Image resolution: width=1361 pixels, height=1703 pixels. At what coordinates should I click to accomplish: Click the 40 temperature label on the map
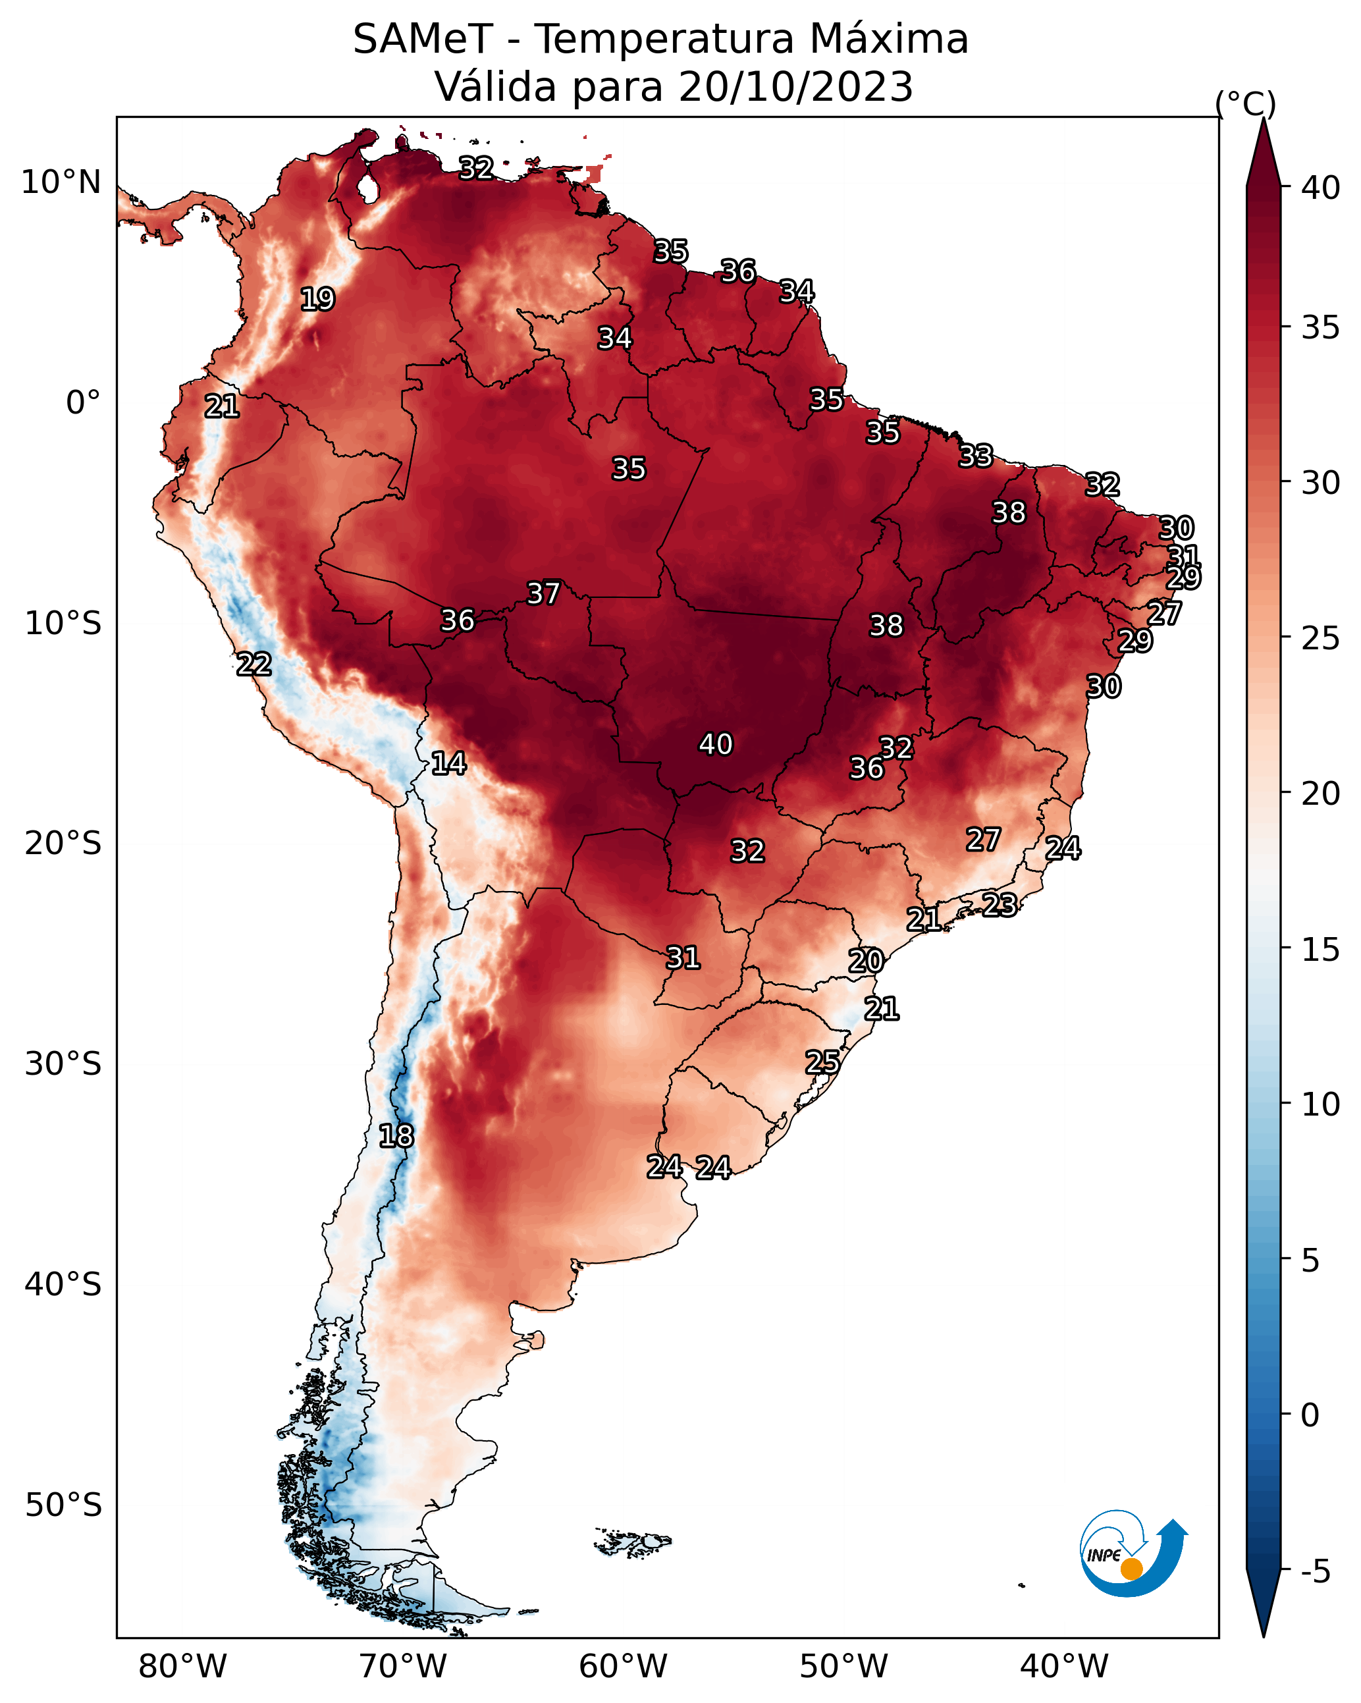[716, 744]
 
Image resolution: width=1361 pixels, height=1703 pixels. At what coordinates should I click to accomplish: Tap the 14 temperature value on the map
[448, 763]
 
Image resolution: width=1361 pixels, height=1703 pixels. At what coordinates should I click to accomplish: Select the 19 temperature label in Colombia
[317, 300]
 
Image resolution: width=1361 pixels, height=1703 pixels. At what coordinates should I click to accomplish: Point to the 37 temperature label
[543, 593]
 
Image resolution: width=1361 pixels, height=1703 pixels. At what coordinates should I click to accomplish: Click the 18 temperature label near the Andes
[396, 1136]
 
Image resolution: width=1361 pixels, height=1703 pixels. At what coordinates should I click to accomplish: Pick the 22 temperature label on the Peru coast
[254, 664]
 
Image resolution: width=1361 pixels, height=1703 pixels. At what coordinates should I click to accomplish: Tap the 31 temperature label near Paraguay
[683, 958]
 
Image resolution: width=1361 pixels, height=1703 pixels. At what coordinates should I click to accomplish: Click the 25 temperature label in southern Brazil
[822, 1062]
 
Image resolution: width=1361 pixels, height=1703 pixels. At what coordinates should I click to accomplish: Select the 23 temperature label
[1000, 904]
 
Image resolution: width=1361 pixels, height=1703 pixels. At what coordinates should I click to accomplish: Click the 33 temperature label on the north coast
[976, 456]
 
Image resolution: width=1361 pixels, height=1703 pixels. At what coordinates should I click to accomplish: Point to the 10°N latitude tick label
[61, 182]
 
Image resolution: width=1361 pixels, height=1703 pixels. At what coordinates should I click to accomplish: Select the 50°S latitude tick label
[63, 1505]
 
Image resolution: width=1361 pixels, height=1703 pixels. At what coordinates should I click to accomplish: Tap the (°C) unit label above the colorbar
[1246, 103]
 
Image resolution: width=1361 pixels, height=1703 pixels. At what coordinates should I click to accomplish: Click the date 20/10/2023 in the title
[795, 86]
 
